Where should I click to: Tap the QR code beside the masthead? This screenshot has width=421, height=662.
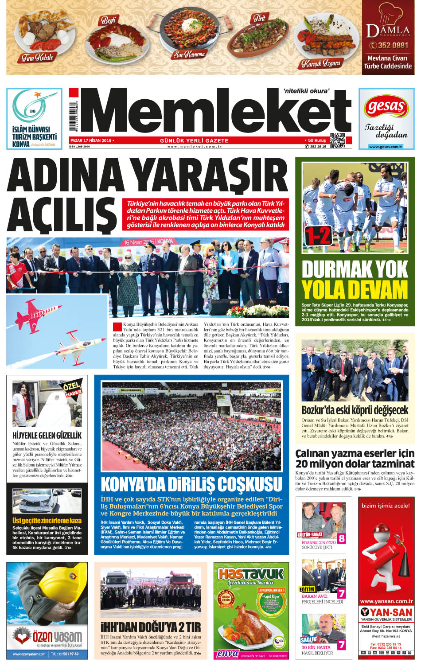pos(337,140)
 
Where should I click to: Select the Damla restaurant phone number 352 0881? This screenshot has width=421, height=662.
pos(388,45)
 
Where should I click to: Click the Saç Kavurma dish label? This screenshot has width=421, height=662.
pos(189,55)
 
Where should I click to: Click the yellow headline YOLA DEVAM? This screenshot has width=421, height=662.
pos(355,290)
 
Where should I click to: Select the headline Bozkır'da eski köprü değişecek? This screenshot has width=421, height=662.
pos(355,409)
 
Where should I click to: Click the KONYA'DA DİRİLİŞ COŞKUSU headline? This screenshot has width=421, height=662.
pos(191,484)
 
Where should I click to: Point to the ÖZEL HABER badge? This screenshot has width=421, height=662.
pos(71,389)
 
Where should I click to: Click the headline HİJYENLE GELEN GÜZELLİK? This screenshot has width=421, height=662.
pos(47,435)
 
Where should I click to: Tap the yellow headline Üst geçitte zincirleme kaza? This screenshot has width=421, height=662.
pos(47,521)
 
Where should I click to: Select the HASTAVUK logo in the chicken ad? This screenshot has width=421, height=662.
pos(251,574)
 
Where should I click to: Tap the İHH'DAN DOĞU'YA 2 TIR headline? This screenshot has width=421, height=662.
pos(151,627)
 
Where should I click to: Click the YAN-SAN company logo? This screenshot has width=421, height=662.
pos(386,613)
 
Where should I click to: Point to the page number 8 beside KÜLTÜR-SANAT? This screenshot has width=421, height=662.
pos(342,539)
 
